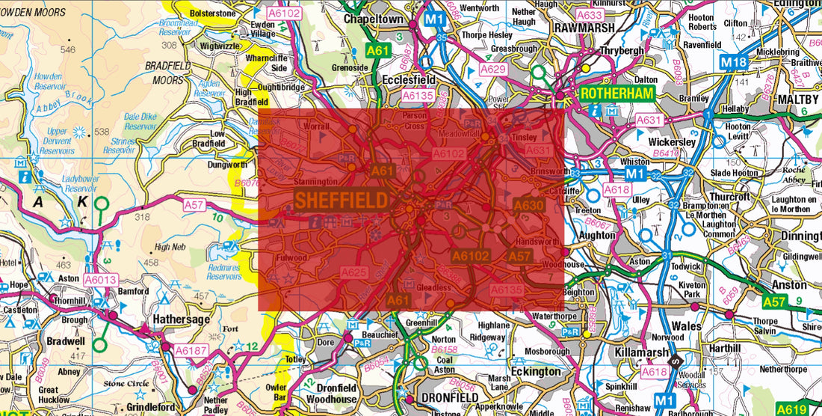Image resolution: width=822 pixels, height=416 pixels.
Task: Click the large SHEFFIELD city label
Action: click(342, 200)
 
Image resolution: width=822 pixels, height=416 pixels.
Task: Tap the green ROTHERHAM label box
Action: click(616, 94)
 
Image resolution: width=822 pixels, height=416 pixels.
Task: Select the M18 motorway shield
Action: click(734, 62)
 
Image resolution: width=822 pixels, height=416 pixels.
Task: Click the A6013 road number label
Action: click(99, 279)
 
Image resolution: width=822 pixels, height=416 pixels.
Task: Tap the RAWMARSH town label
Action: click(584, 28)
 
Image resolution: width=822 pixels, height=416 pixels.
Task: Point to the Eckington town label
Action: click(536, 371)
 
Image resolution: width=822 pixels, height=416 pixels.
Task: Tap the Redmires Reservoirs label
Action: click(225, 271)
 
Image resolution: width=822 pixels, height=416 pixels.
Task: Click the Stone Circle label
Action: click(125, 383)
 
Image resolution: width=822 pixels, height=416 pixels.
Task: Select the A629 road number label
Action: click(493, 69)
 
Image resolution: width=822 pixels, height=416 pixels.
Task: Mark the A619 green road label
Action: click(791, 409)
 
